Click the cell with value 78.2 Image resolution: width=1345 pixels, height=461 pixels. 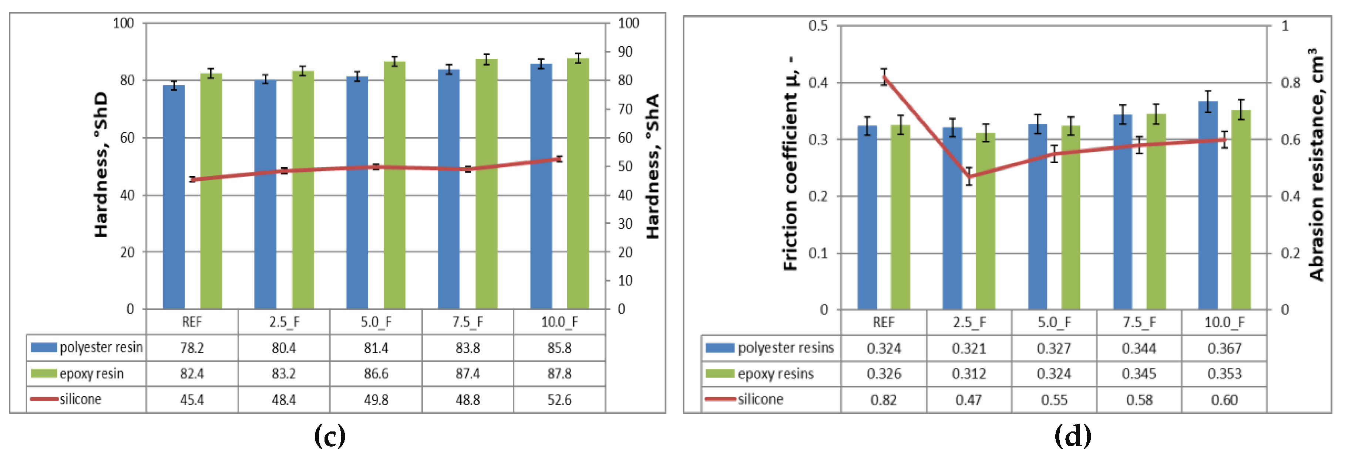click(192, 348)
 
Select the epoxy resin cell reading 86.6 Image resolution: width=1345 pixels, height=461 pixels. click(376, 374)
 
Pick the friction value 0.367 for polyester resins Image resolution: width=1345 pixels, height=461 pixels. click(1224, 348)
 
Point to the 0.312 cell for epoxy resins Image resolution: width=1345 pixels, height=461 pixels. click(969, 374)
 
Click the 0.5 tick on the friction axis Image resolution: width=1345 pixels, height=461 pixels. click(818, 25)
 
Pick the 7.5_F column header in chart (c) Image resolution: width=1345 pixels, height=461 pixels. click(467, 322)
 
